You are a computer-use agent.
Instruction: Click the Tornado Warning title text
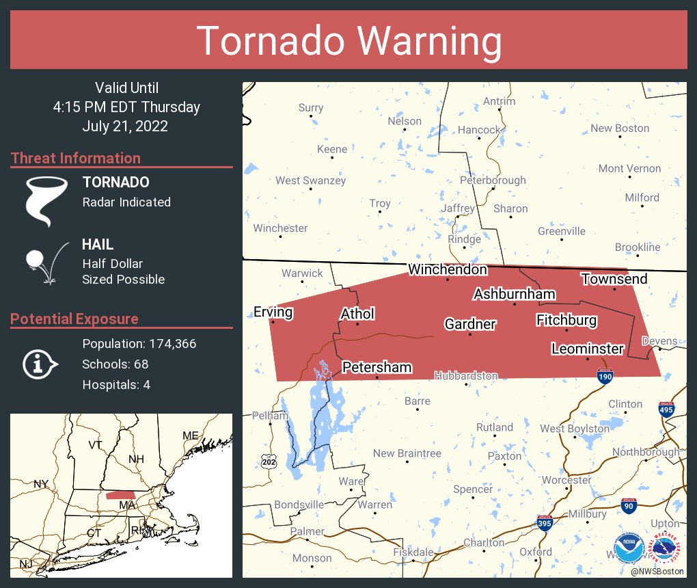click(349, 40)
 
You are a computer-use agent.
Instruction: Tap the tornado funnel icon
click(46, 200)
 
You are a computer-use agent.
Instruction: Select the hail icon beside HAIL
click(45, 263)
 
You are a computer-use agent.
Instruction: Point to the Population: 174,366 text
click(139, 343)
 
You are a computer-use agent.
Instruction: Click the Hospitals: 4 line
click(116, 384)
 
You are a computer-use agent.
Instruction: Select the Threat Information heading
click(75, 158)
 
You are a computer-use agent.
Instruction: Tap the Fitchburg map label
click(566, 320)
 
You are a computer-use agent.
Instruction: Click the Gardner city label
click(469, 323)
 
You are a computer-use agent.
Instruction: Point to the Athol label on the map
click(357, 314)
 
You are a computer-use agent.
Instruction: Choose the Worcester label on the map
click(566, 480)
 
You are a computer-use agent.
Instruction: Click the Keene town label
click(332, 149)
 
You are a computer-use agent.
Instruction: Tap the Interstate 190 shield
click(605, 375)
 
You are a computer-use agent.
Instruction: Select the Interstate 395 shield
click(544, 523)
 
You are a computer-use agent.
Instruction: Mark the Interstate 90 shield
click(629, 505)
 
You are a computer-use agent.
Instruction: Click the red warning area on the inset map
click(120, 494)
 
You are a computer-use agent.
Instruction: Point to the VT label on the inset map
click(96, 445)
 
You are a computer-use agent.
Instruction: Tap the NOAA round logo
click(628, 548)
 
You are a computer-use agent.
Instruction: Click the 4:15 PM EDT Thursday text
click(126, 107)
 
